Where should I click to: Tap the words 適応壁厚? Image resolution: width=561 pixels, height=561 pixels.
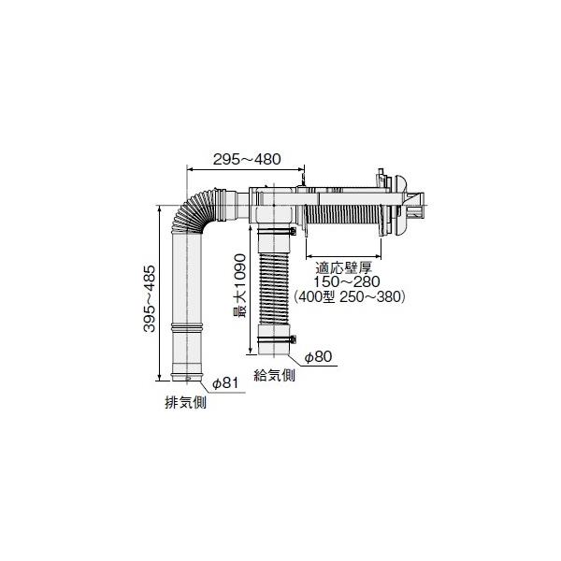click(x=343, y=266)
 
